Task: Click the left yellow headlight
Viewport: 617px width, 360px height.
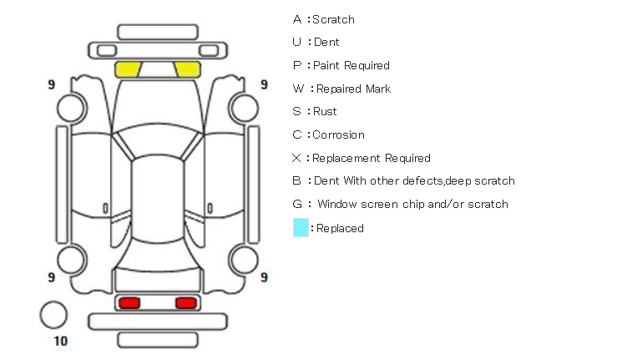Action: click(128, 69)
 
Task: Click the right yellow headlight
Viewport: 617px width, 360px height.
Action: click(187, 69)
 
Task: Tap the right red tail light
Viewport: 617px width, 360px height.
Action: click(186, 302)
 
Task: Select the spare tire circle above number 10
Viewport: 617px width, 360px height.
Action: click(53, 314)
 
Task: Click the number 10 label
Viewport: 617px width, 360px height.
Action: click(60, 341)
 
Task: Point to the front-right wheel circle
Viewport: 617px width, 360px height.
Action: click(245, 107)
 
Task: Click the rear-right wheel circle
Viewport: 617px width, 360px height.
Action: click(245, 258)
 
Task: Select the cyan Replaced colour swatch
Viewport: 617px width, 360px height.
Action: click(301, 227)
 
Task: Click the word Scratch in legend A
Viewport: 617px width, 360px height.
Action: click(333, 19)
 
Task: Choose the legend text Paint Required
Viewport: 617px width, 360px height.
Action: click(351, 65)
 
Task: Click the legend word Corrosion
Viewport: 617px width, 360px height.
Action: click(338, 134)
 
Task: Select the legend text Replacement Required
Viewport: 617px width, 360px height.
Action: click(372, 158)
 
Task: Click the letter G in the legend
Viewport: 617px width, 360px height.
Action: click(297, 204)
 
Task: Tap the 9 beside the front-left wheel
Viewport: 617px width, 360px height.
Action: click(52, 85)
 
